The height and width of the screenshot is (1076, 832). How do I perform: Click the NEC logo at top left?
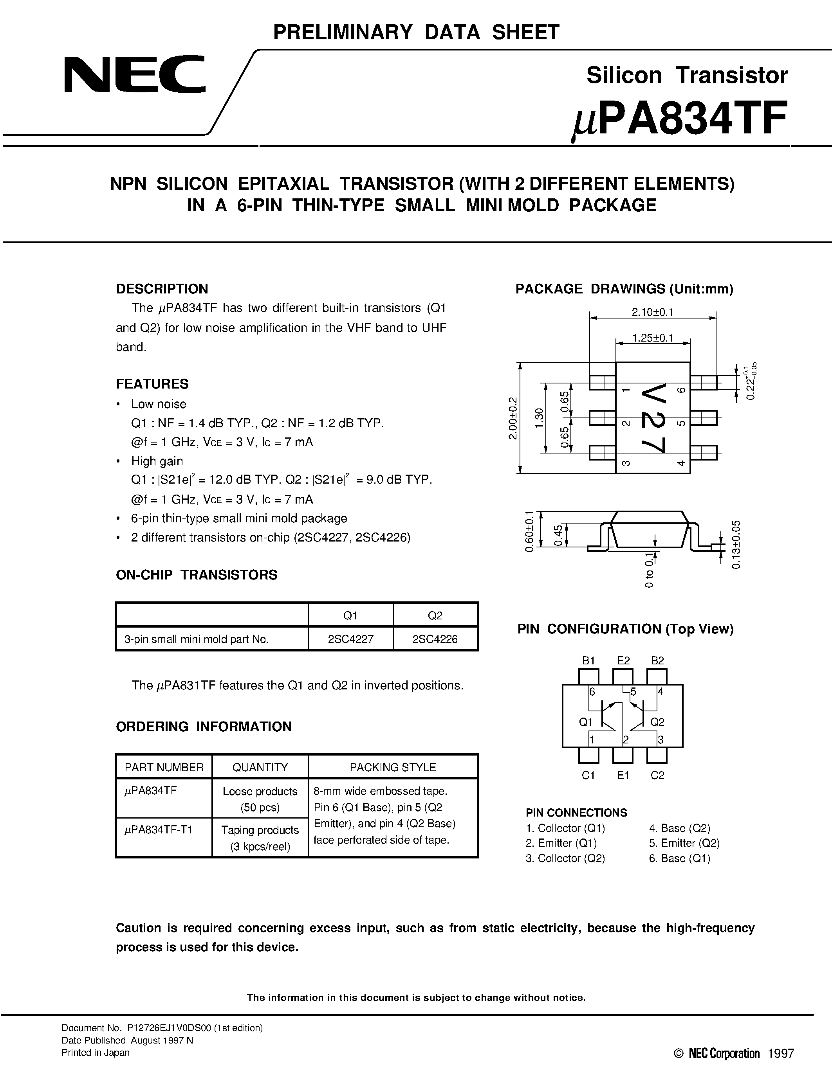(134, 75)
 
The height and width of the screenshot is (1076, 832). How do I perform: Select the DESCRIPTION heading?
(162, 289)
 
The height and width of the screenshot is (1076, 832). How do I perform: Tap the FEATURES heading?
(152, 384)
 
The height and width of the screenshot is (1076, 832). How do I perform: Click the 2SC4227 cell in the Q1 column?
(350, 639)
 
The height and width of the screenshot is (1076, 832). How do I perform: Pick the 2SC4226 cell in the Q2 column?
(435, 639)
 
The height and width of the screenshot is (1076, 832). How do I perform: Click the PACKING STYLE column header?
(392, 767)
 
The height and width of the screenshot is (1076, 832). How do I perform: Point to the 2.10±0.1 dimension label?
(653, 312)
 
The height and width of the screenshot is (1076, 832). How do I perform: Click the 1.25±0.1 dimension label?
(653, 338)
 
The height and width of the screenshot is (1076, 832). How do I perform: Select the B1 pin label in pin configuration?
(588, 661)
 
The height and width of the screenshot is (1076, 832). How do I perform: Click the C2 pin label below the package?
(657, 775)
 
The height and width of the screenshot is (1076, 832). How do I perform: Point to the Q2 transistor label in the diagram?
(657, 722)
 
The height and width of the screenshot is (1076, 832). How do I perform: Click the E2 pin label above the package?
(623, 661)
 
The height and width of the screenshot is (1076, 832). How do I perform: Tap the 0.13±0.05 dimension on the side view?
(736, 544)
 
